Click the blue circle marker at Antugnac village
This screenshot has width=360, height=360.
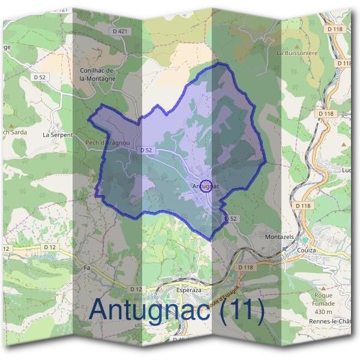click(205, 185)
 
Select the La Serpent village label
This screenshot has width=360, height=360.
click(57, 135)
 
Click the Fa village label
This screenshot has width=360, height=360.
click(87, 268)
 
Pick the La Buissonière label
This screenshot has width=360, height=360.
click(296, 53)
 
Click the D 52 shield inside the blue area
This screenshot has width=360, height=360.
click(145, 149)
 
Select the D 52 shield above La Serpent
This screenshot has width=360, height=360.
click(40, 77)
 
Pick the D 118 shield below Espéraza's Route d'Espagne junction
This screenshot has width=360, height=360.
click(245, 266)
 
